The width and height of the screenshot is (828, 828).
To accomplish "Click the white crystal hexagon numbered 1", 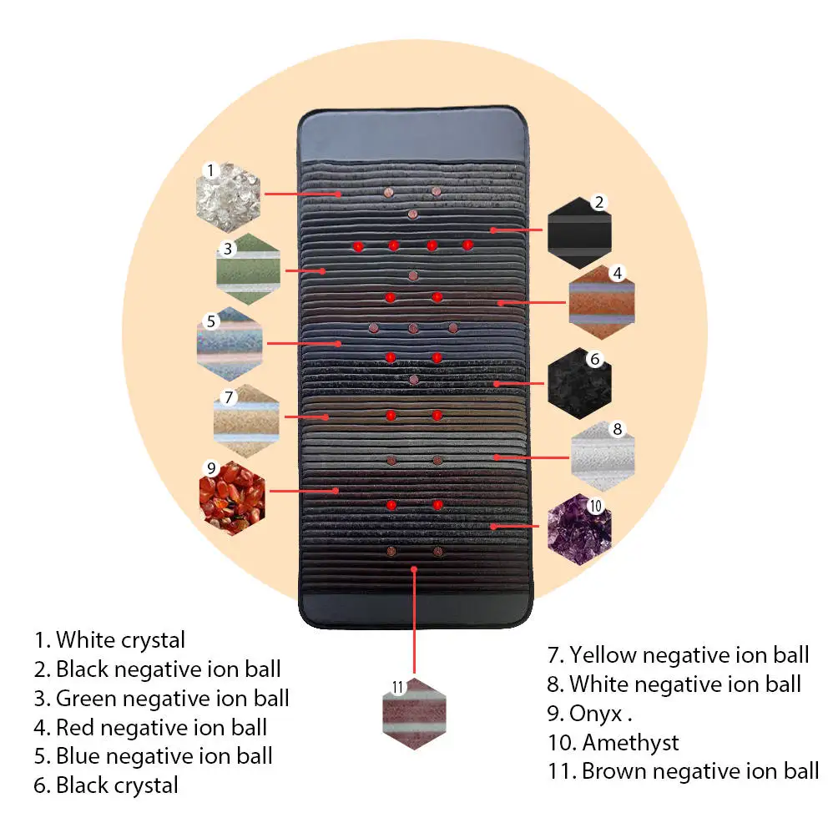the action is [x=228, y=194].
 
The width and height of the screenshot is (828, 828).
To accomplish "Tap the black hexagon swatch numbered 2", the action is [x=579, y=227].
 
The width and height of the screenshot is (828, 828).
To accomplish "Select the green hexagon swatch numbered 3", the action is [x=249, y=270].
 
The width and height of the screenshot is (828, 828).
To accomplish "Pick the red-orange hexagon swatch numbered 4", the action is [x=601, y=301].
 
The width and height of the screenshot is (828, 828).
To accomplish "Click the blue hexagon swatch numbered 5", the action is [x=230, y=342].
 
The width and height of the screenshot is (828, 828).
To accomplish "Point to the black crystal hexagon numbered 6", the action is [x=579, y=381].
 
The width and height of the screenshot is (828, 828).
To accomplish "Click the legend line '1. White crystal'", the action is [x=109, y=640].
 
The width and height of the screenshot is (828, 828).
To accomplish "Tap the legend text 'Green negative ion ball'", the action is [x=172, y=698].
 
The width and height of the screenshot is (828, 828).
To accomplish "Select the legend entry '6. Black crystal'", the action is [x=106, y=785].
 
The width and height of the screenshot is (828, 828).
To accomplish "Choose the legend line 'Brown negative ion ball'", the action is [x=699, y=770].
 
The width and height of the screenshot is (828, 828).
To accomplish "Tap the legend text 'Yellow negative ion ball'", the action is [x=689, y=655].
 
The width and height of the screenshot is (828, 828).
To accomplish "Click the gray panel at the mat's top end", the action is [x=415, y=134].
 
